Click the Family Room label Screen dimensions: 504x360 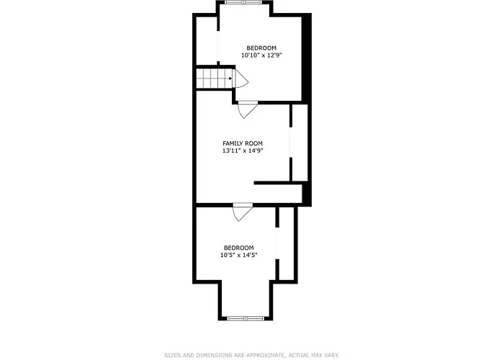(x=243, y=143)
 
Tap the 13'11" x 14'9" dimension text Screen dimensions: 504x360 (x=243, y=150)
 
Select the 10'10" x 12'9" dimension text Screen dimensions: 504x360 (x=261, y=55)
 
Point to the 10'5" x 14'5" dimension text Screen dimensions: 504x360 (x=239, y=255)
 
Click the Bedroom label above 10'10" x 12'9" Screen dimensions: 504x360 (x=261, y=48)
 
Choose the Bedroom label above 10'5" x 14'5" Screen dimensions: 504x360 (x=239, y=248)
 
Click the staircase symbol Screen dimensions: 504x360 (x=215, y=78)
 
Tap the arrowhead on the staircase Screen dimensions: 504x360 (x=230, y=78)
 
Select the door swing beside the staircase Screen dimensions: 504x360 (x=241, y=78)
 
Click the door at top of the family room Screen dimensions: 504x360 (x=248, y=109)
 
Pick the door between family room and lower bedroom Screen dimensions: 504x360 (x=243, y=212)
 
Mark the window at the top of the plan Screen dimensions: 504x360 (x=244, y=2)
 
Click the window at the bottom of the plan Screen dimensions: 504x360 (x=246, y=318)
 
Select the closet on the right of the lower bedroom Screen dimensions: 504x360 (x=287, y=243)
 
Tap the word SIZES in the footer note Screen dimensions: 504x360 (x=173, y=355)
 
